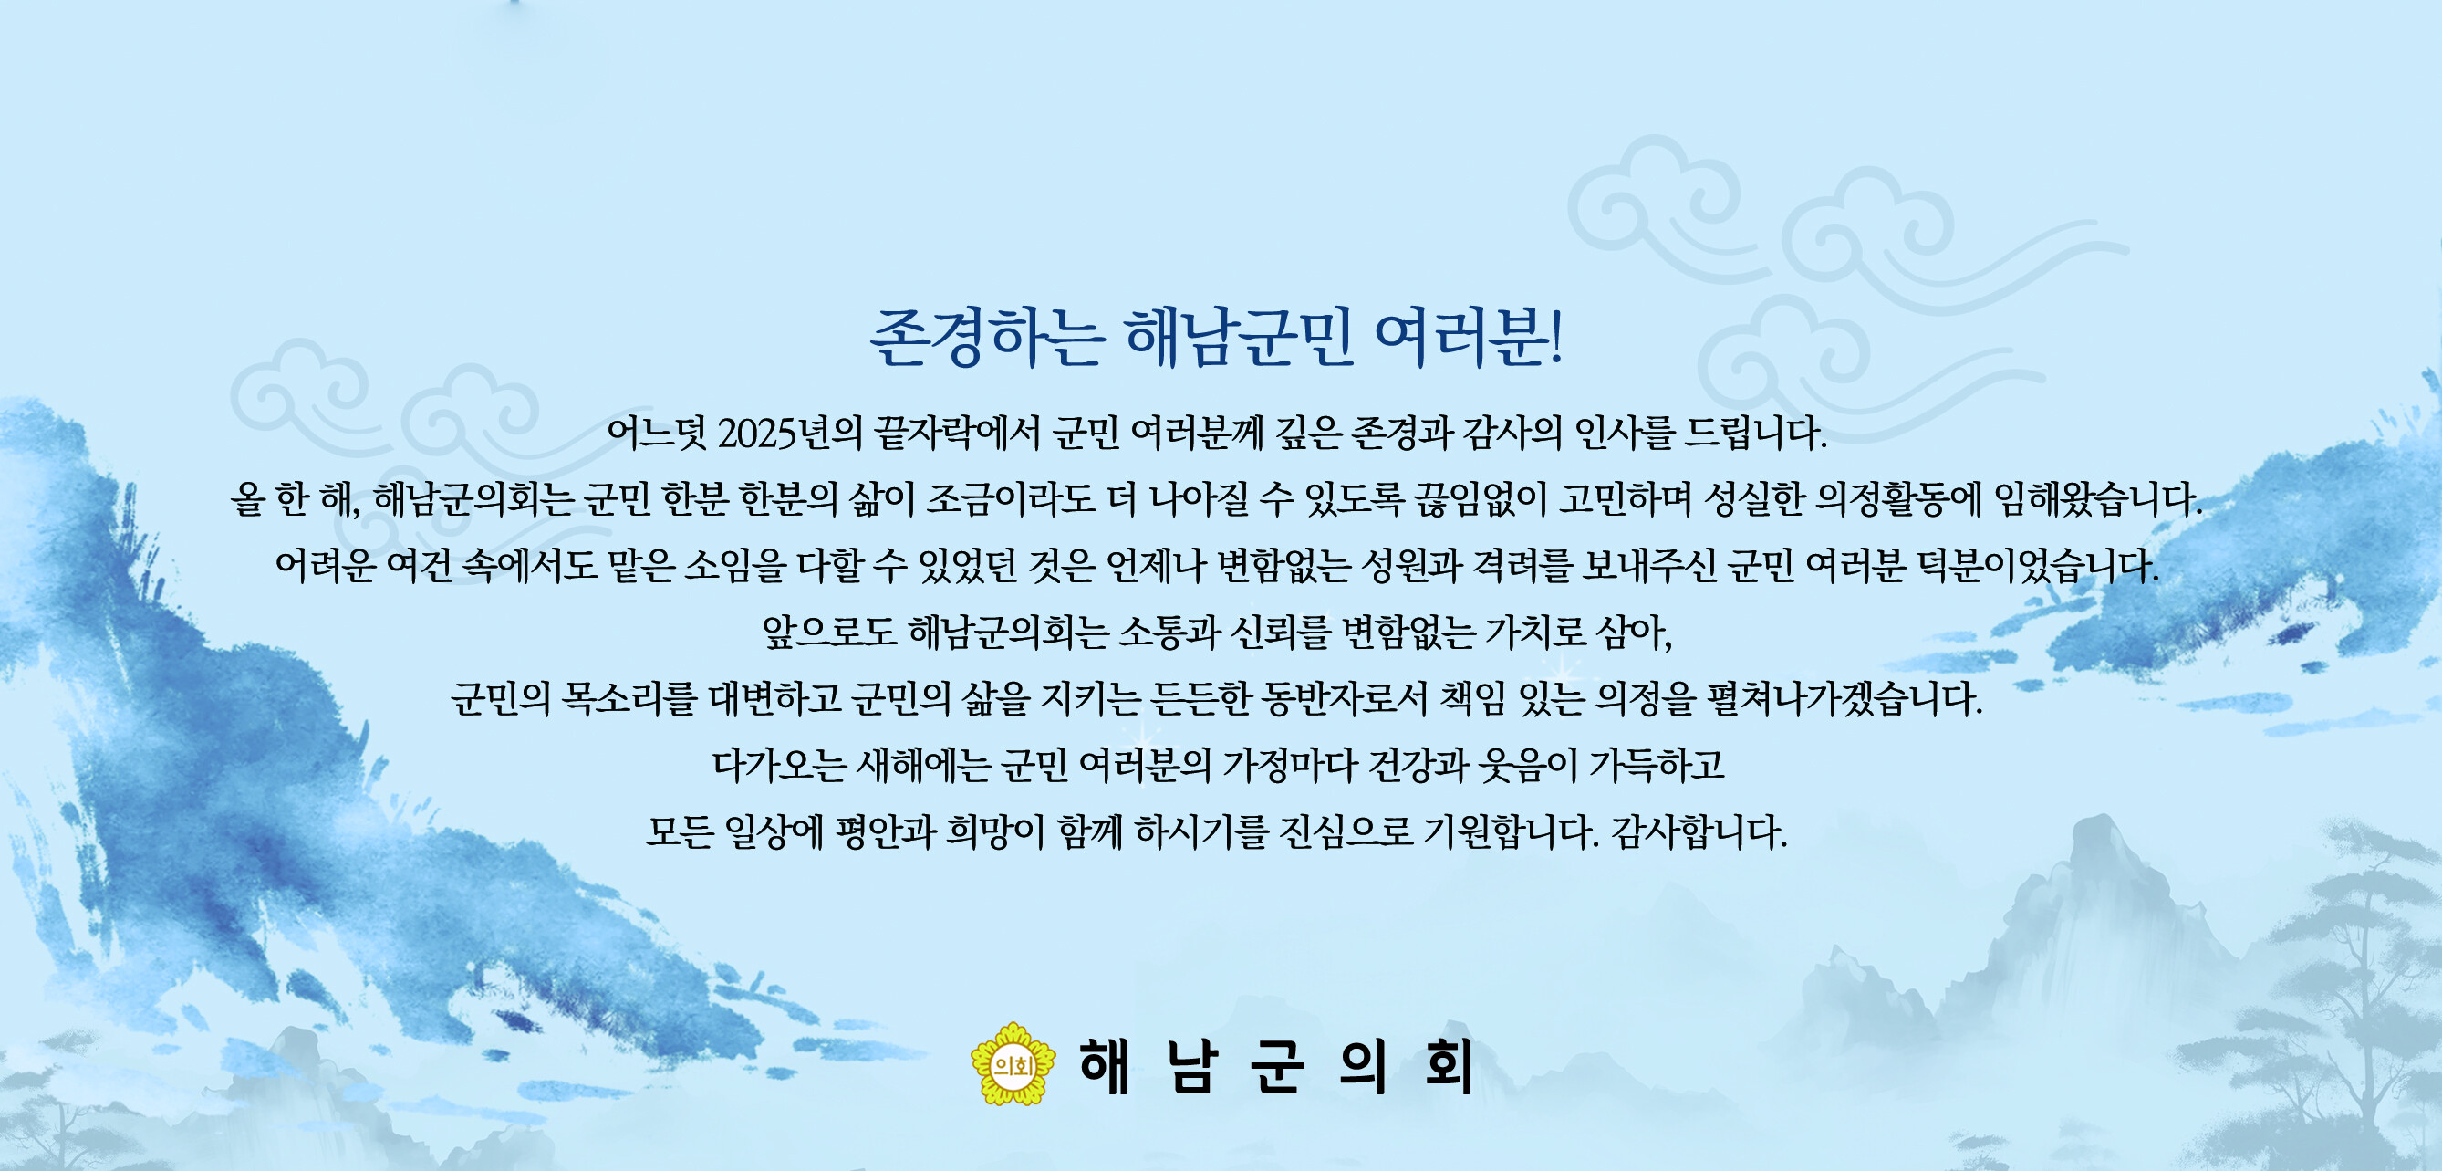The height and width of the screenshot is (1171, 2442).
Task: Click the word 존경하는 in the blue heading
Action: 987,339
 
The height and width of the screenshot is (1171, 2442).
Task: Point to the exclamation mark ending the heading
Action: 1555,339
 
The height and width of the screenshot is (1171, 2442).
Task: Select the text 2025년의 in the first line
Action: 790,434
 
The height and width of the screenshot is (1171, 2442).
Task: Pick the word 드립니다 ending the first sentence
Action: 1754,434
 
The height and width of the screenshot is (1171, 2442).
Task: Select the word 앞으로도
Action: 830,633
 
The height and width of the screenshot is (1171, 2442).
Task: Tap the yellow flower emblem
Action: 1013,1065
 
